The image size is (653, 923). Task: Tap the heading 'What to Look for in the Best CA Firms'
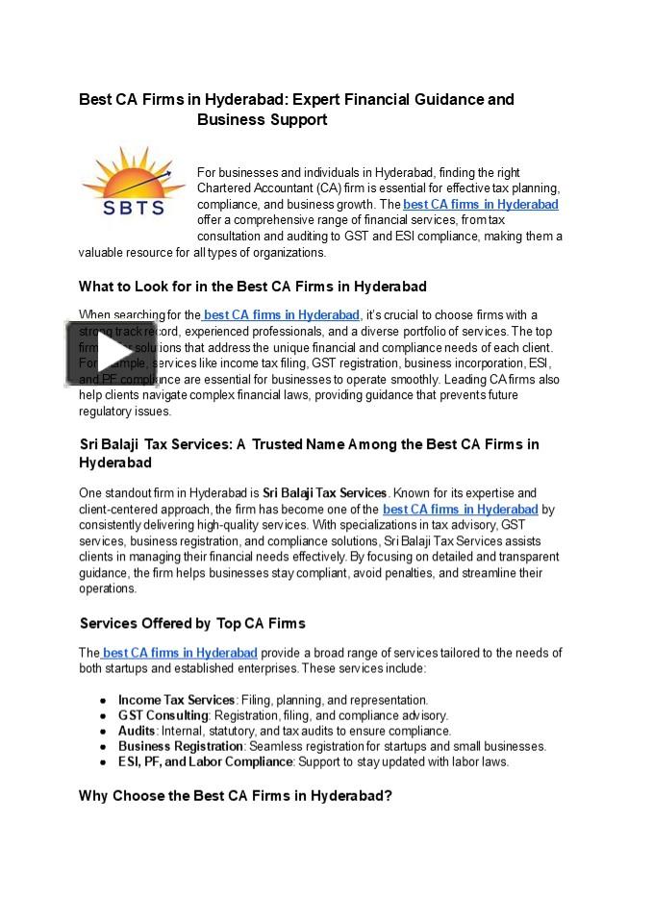click(252, 287)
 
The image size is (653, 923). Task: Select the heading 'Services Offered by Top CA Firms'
click(192, 623)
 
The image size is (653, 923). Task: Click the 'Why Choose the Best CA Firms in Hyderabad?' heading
click(236, 796)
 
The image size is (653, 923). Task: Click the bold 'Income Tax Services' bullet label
click(176, 700)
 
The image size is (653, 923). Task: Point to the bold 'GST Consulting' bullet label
click(163, 715)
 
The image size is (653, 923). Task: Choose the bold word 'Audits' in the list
click(137, 731)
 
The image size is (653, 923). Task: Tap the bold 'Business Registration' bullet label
click(180, 746)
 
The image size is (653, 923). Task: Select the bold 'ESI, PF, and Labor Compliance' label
click(205, 761)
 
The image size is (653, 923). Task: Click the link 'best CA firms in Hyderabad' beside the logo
click(480, 205)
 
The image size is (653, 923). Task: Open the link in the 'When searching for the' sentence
click(281, 315)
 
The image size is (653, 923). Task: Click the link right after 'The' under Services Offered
click(179, 653)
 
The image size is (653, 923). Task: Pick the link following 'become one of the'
click(460, 510)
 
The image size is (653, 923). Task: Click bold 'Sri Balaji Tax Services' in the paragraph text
click(324, 493)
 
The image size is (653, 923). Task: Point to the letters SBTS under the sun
click(133, 207)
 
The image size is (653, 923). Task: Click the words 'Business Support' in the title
click(262, 120)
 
